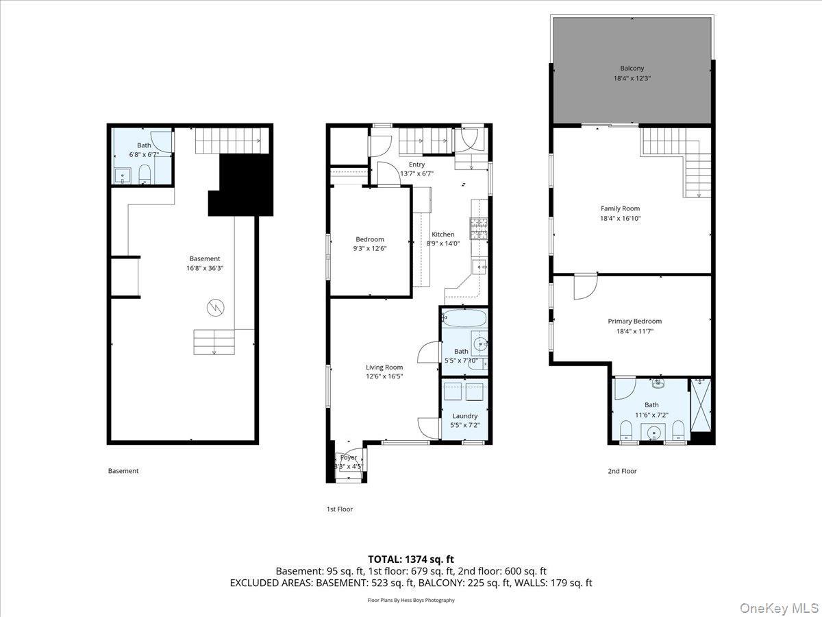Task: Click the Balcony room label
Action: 632,69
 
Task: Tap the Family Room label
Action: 620,208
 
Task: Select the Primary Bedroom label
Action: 634,321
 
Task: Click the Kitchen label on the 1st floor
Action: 443,234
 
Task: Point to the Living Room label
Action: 384,367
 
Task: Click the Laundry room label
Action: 465,415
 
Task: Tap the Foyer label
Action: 349,457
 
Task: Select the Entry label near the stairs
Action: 416,165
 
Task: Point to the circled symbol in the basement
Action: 216,309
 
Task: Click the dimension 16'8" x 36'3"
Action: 205,268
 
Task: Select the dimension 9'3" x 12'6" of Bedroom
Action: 369,249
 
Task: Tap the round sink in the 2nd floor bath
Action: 655,432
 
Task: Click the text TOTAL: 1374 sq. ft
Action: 410,559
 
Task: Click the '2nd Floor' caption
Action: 622,471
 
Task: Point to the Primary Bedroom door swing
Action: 584,287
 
